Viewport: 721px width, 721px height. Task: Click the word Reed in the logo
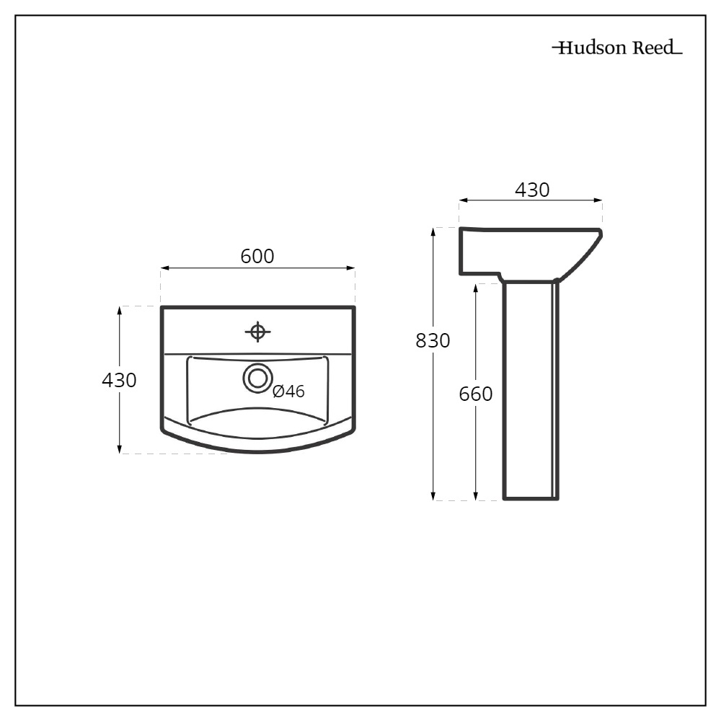pos(653,48)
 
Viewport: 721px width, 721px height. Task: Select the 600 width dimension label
pos(257,256)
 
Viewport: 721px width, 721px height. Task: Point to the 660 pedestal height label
pos(476,394)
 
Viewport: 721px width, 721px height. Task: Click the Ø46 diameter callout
pos(289,392)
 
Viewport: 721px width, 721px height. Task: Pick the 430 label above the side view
pos(532,190)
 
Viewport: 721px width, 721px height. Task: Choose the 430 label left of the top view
pos(119,380)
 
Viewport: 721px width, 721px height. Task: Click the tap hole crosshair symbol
pos(257,332)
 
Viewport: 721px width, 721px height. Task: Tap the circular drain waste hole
pos(257,377)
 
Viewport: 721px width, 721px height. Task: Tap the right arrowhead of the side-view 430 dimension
pos(598,200)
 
